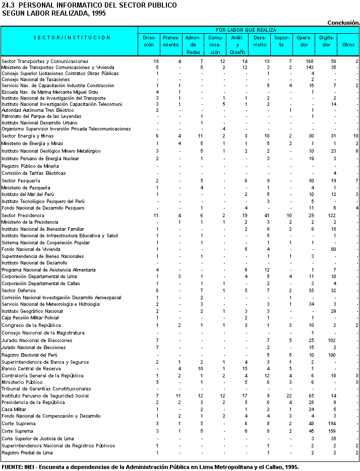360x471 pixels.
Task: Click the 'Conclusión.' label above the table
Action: [343, 23]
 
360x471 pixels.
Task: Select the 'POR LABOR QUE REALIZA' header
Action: [249, 30]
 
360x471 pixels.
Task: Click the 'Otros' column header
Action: [348, 44]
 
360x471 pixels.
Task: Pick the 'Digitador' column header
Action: [326, 41]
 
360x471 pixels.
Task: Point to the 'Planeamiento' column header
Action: [171, 41]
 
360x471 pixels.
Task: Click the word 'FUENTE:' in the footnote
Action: [12, 467]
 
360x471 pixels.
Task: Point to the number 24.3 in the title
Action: [8, 5]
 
